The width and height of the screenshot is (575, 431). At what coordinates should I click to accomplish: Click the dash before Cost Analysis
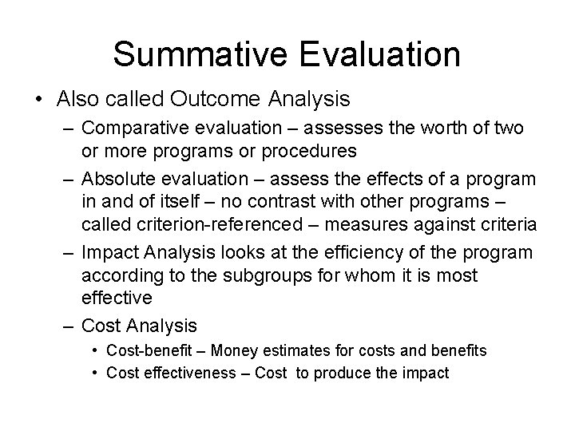pyautogui.click(x=70, y=326)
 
